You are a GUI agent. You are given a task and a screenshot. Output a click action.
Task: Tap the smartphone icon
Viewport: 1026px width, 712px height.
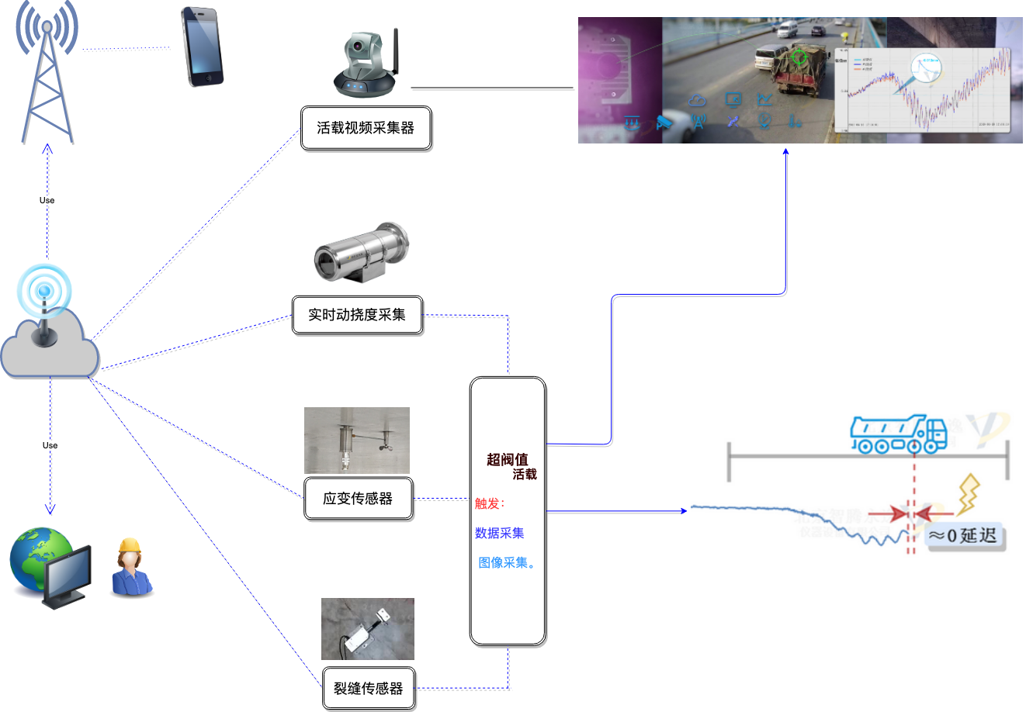(202, 47)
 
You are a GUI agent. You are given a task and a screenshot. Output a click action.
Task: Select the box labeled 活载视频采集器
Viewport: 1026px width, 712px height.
(366, 129)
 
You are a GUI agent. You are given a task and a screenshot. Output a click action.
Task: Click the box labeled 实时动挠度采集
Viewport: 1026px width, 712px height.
(357, 315)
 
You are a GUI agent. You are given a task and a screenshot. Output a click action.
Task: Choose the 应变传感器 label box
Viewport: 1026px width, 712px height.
(358, 499)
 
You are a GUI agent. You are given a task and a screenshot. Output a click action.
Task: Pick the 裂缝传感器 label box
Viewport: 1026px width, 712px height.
(369, 688)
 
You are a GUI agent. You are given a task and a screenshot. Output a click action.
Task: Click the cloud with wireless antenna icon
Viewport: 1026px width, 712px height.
(50, 326)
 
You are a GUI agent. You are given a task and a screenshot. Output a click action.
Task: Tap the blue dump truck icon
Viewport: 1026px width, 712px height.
(898, 434)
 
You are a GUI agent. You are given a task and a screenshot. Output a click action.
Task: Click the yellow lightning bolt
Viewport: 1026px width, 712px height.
(968, 495)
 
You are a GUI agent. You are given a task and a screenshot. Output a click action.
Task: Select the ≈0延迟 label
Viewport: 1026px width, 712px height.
(963, 536)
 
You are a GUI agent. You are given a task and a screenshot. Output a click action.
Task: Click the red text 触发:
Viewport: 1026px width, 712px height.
(490, 503)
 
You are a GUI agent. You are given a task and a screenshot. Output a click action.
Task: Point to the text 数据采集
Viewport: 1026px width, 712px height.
(500, 534)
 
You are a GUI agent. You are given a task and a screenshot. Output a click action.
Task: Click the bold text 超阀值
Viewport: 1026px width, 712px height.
(507, 460)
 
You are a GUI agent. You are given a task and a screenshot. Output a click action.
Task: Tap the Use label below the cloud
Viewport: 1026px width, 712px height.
(50, 445)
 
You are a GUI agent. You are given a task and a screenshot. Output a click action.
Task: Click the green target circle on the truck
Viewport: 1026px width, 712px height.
(799, 57)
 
